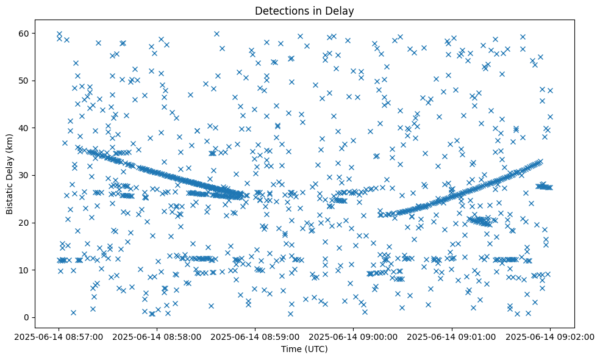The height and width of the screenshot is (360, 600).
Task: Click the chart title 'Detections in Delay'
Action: pos(304,10)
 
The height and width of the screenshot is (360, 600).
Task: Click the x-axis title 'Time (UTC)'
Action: pos(304,349)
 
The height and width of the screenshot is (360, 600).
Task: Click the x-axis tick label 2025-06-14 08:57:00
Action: pos(59,336)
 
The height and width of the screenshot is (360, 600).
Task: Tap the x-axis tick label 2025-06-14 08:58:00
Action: pos(157,336)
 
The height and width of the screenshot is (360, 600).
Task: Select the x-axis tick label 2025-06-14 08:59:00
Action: pos(255,336)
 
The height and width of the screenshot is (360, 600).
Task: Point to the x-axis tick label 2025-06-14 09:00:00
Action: pos(354,336)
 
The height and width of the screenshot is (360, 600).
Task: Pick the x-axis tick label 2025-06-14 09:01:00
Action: pos(452,336)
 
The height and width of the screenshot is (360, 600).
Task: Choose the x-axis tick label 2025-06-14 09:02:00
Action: pos(550,336)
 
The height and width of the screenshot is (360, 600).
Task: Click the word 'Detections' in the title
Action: pos(280,10)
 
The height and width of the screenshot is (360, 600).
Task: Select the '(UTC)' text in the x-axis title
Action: pos(316,349)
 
